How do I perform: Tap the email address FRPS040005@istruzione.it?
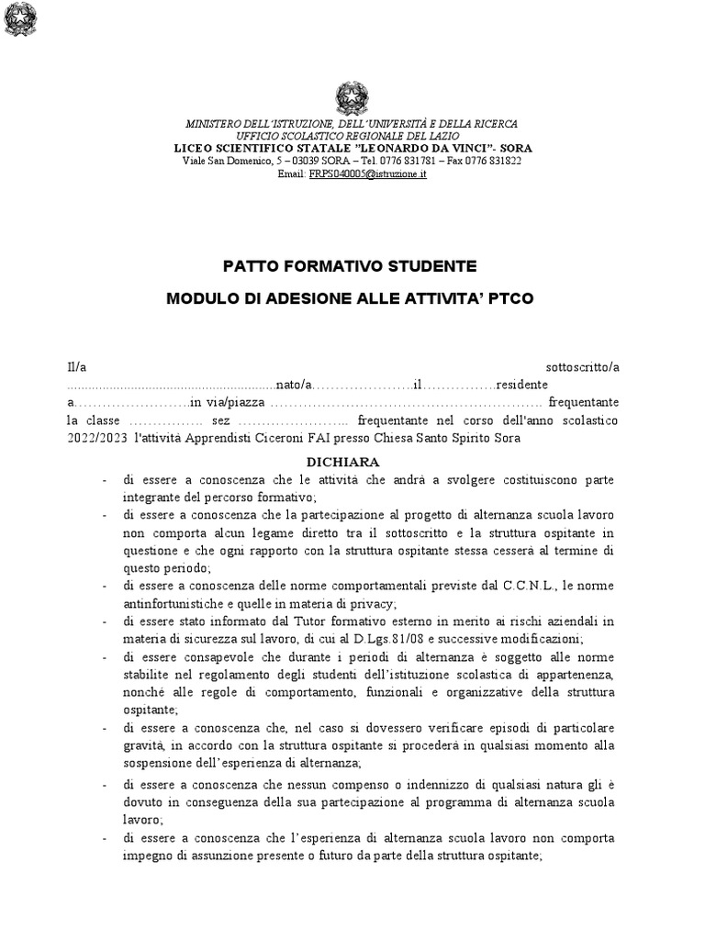point(367,173)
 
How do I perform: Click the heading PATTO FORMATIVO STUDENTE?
point(352,266)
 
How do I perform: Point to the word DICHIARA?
point(352,462)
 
